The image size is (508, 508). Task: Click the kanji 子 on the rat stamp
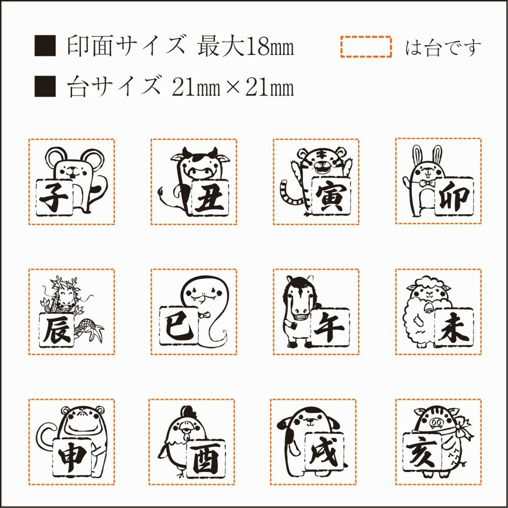54,198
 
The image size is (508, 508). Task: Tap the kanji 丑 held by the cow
210,198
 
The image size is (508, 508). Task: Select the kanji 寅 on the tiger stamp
331,197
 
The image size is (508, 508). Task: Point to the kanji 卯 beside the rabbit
454,197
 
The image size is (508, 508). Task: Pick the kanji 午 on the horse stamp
330,328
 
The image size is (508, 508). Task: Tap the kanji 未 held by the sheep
454,328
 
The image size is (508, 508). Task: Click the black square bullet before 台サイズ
45,86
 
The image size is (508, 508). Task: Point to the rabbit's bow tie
427,184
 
